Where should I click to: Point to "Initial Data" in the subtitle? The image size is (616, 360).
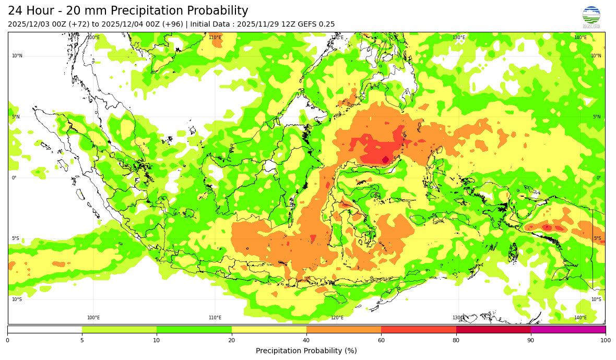(x=209, y=25)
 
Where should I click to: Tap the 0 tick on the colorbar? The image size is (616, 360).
(x=7, y=341)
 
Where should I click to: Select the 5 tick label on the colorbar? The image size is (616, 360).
(x=82, y=341)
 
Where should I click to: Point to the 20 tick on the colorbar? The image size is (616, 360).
(x=231, y=341)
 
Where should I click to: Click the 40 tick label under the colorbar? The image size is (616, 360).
(x=306, y=341)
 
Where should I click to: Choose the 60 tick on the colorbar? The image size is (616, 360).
(x=381, y=341)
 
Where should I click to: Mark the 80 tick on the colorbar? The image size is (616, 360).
(x=456, y=341)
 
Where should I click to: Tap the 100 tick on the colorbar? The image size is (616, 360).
(x=606, y=341)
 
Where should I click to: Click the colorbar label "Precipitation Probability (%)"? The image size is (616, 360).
(x=306, y=351)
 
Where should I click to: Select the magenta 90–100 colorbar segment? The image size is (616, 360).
(x=568, y=329)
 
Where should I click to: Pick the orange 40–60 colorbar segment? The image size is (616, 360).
(x=343, y=329)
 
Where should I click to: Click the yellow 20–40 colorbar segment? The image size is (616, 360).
(x=269, y=329)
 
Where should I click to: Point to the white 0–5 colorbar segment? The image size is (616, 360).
(x=45, y=329)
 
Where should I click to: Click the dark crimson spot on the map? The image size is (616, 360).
(x=385, y=160)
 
